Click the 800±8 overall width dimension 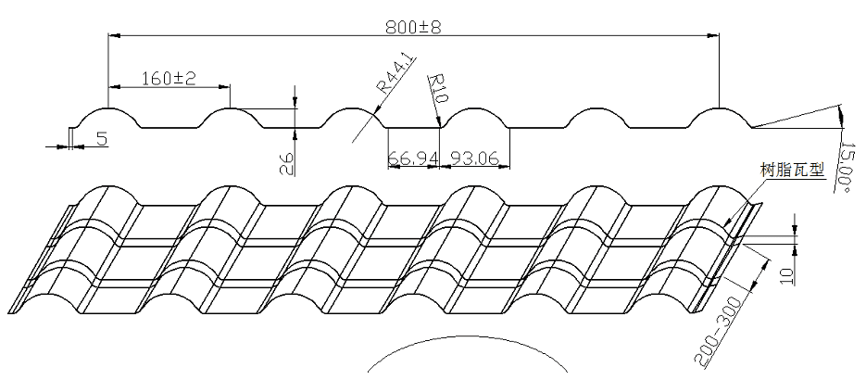pos(413,27)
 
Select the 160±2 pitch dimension pos(169,79)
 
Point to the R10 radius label pos(439,89)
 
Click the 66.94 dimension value pos(412,158)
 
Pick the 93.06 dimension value pos(470,158)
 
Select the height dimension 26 pos(287,163)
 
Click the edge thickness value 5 pos(101,139)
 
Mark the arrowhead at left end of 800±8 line pos(112,36)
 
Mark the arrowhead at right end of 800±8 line pos(715,36)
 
